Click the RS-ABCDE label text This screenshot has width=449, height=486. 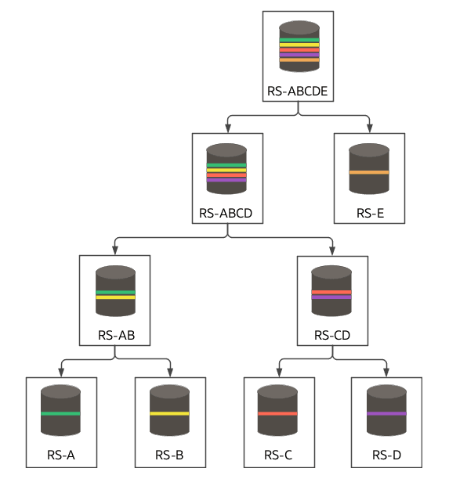(297, 91)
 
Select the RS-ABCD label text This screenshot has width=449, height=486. (226, 213)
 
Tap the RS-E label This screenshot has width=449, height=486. (369, 213)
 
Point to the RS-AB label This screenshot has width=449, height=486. (115, 335)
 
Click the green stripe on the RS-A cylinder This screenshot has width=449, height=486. (61, 413)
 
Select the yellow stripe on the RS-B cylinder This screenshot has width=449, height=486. (169, 413)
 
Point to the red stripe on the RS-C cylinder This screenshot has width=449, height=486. (278, 413)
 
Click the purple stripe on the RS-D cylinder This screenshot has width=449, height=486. (386, 413)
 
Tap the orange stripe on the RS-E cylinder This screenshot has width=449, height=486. (369, 171)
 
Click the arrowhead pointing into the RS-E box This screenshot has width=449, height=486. (369, 128)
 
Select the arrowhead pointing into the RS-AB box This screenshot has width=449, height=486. (115, 250)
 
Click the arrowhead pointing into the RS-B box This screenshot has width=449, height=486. (169, 372)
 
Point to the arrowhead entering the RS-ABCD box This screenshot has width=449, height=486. (226, 128)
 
